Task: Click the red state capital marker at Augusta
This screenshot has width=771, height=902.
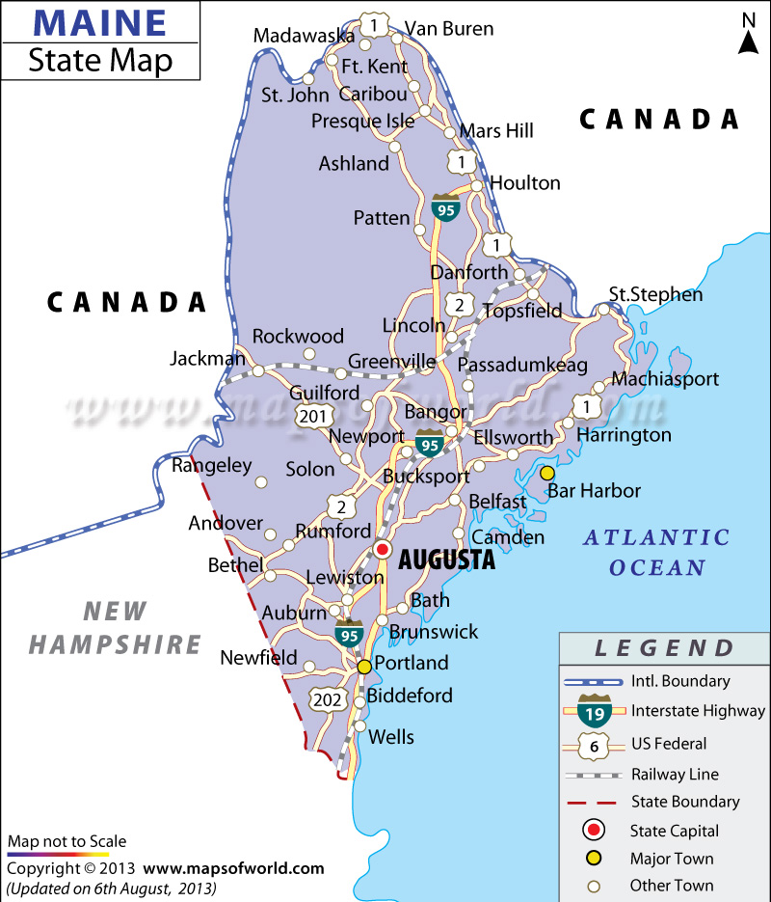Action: [382, 550]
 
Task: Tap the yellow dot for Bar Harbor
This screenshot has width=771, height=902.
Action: [547, 473]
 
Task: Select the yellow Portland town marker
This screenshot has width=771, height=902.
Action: [364, 667]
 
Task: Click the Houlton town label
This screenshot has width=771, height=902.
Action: [525, 182]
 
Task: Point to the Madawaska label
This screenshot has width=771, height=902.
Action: [304, 36]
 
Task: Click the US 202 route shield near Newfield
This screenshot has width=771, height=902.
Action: [326, 697]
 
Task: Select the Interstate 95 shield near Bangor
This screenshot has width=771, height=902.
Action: [430, 443]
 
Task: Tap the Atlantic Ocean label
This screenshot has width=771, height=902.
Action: [656, 552]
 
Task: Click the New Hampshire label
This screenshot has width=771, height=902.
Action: [115, 627]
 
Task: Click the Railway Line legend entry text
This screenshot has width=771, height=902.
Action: [675, 774]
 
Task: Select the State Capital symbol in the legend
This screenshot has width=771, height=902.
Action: [595, 830]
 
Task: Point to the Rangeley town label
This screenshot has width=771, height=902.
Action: [211, 466]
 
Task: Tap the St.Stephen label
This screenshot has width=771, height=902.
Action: [656, 294]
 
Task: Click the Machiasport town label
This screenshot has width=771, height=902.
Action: [665, 379]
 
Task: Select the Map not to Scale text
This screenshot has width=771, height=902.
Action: [66, 841]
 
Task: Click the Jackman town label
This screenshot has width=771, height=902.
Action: [207, 358]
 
